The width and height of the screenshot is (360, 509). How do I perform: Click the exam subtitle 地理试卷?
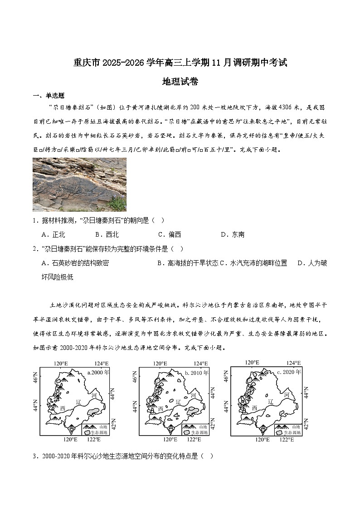click(180, 82)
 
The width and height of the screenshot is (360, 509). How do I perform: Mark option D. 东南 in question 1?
click(232, 234)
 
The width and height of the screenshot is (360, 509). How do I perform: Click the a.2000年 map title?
click(98, 373)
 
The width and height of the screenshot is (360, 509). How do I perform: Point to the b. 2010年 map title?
click(197, 373)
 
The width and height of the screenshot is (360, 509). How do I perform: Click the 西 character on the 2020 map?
click(255, 408)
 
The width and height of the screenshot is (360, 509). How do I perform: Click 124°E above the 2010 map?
click(200, 363)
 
